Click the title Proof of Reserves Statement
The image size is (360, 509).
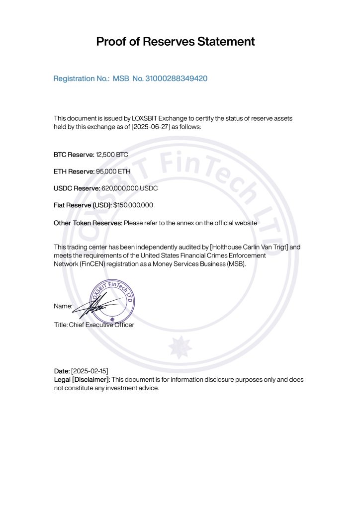click(x=176, y=42)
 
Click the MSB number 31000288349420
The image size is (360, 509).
click(x=176, y=79)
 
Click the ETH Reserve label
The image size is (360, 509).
click(x=74, y=171)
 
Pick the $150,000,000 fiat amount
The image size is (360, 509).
click(x=133, y=205)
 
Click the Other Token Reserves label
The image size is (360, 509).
click(x=88, y=223)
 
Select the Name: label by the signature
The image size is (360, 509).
click(x=63, y=306)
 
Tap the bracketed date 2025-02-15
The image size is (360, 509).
click(x=90, y=371)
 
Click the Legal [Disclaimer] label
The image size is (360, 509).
click(x=82, y=379)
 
